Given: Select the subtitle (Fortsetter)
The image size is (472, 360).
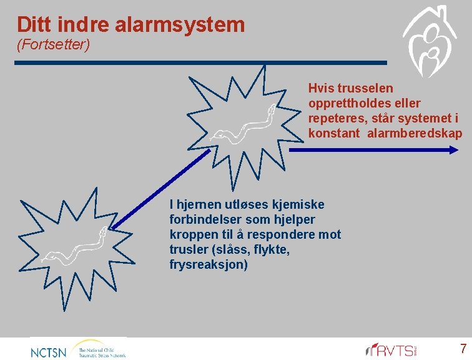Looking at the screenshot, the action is (54, 44).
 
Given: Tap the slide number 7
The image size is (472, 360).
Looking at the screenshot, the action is (463, 349).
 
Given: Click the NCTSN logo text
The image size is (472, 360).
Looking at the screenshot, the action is (48, 352).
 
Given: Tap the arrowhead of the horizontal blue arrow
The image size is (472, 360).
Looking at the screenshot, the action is (455, 149).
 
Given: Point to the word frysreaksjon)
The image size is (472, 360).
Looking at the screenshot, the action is (209, 264).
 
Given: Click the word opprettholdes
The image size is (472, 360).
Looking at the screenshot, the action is (355, 103).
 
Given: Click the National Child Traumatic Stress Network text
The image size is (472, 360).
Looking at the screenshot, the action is (101, 351).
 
